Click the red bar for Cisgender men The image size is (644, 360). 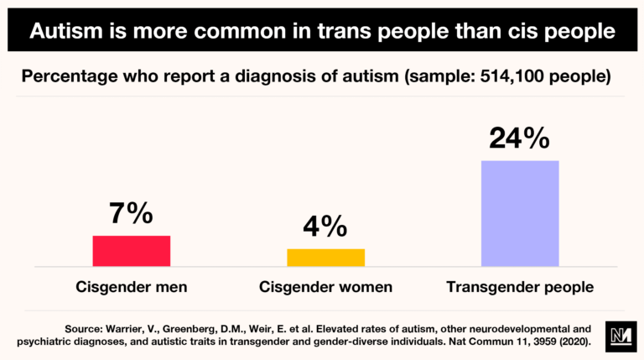131,251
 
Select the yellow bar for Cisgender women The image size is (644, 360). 325,258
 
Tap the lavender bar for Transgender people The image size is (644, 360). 520,213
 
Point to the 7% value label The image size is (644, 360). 131,214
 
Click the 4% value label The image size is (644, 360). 325,227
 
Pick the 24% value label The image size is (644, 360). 520,138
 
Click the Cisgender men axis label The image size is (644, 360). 131,287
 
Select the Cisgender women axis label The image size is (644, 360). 325,287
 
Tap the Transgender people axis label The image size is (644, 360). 520,287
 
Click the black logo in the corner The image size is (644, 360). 616,334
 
